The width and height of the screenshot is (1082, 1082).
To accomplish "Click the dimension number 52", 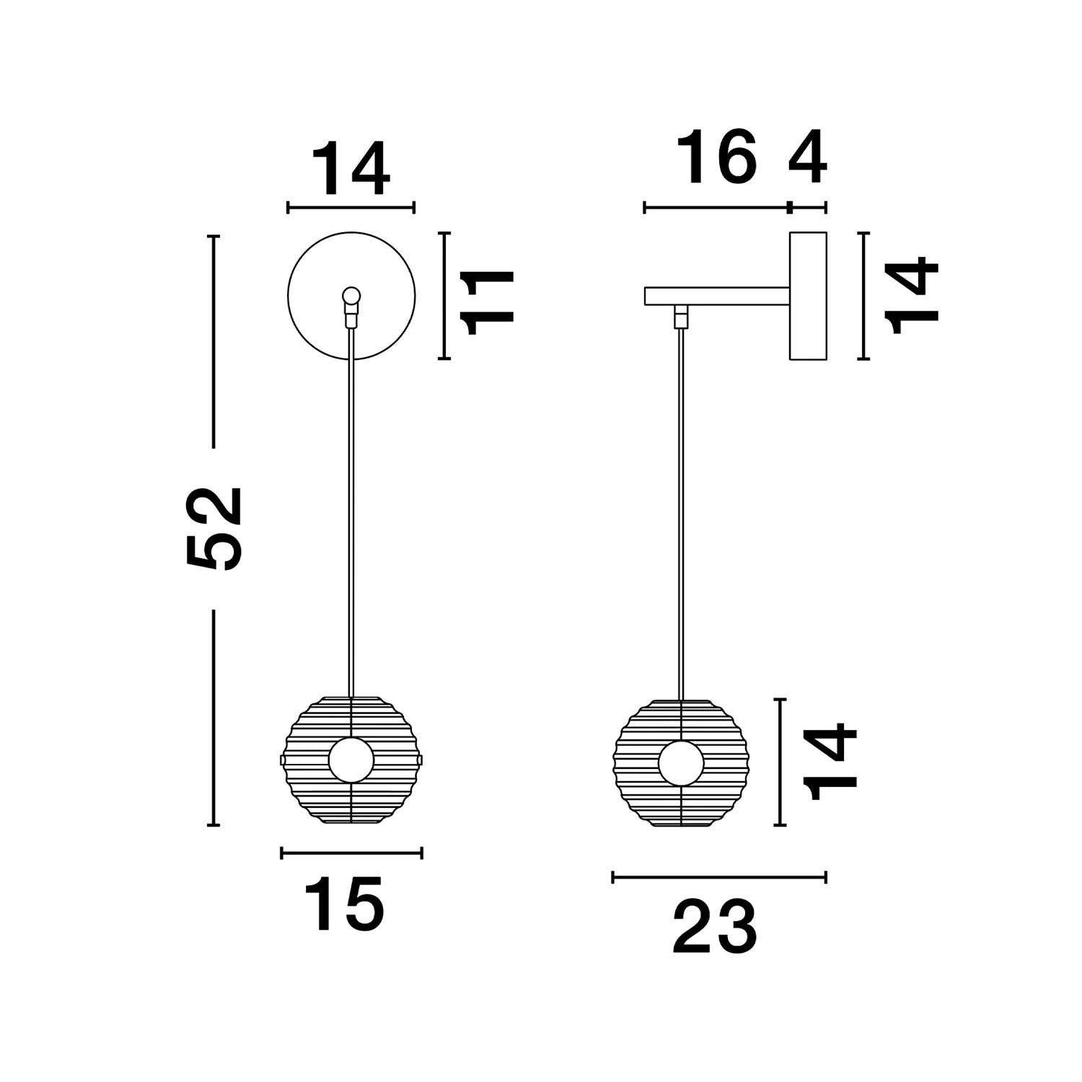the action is click(214, 529).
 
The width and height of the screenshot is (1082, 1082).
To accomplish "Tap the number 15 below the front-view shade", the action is click(344, 904).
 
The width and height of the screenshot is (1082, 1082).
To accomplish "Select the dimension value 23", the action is click(715, 927).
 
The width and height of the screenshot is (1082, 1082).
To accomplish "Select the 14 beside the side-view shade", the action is click(831, 762).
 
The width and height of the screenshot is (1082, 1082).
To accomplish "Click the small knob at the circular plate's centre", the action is click(351, 295).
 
